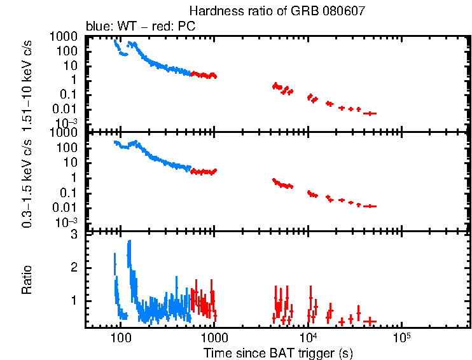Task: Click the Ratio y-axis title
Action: click(x=29, y=280)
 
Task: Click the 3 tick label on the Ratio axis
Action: click(x=74, y=235)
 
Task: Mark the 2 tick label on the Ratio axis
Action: click(x=74, y=268)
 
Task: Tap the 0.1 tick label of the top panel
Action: click(x=70, y=94)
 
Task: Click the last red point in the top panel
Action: click(x=370, y=113)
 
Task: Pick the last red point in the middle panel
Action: click(x=370, y=206)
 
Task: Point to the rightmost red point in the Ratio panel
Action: click(x=370, y=321)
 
